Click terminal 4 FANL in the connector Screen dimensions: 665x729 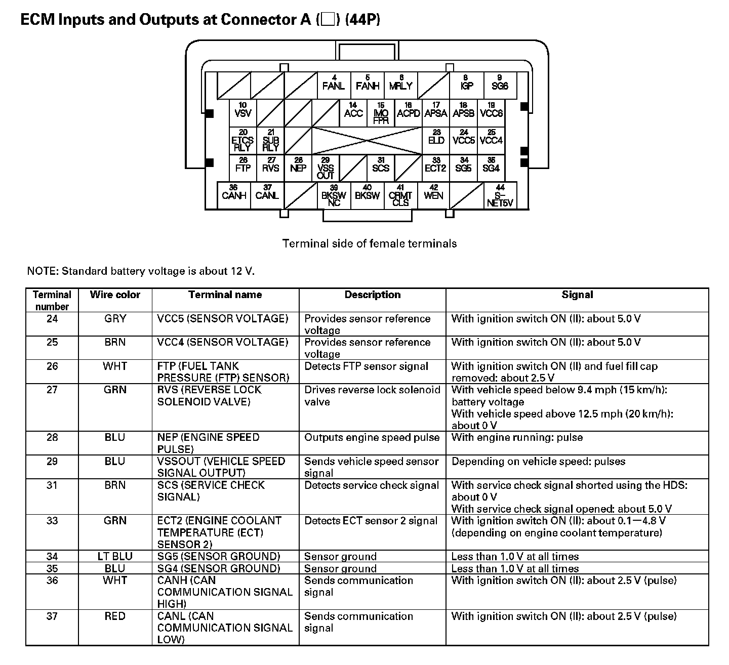(x=334, y=85)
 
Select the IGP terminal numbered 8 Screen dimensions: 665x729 (x=466, y=85)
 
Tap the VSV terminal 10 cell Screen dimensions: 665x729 (x=243, y=112)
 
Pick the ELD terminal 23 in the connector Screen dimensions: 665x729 (x=436, y=139)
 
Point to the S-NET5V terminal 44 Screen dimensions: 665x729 (x=500, y=197)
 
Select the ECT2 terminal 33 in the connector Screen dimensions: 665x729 (x=435, y=167)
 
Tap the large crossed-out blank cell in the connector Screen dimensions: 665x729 (x=367, y=140)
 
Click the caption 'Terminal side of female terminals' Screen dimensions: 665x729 (x=369, y=243)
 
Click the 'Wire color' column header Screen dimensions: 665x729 (x=115, y=295)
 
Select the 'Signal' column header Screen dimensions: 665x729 (x=577, y=295)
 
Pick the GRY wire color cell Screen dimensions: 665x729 (x=115, y=319)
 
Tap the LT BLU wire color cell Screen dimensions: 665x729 (x=115, y=556)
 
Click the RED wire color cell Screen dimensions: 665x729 (x=115, y=616)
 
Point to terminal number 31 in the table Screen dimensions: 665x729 (x=52, y=485)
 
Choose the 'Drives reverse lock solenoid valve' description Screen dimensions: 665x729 (x=372, y=396)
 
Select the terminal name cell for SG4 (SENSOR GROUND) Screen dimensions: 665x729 (x=218, y=568)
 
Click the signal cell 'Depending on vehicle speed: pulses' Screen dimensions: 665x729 (x=538, y=462)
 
